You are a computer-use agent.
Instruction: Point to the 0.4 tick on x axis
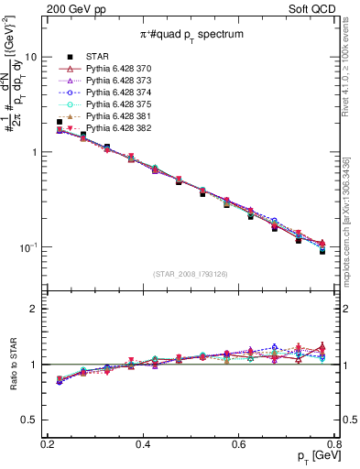tap(142, 443)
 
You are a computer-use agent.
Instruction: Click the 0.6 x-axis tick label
tap(238, 443)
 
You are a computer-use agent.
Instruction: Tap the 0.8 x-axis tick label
tap(333, 443)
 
